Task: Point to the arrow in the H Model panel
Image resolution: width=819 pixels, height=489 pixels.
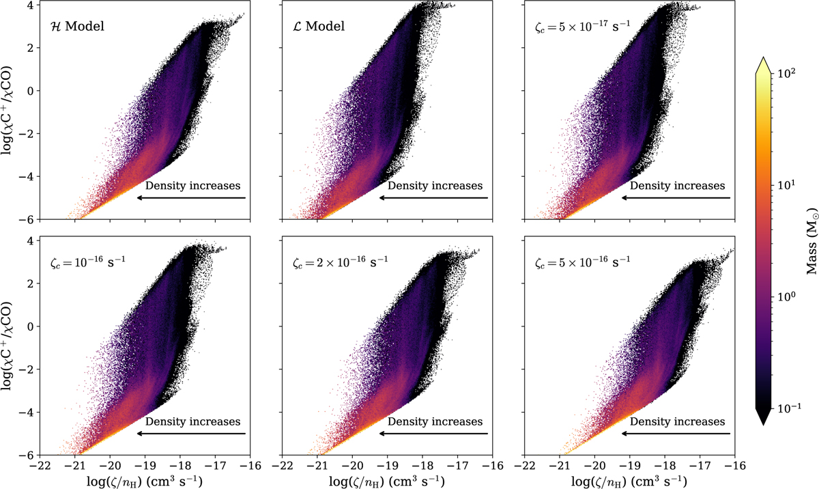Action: click(191, 197)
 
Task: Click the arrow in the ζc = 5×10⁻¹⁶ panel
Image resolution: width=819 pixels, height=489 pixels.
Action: click(676, 433)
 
